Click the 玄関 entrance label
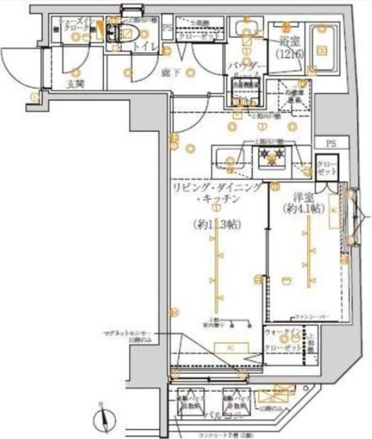[x=76, y=84]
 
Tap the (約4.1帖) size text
[x=304, y=208]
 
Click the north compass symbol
[x=103, y=421]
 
